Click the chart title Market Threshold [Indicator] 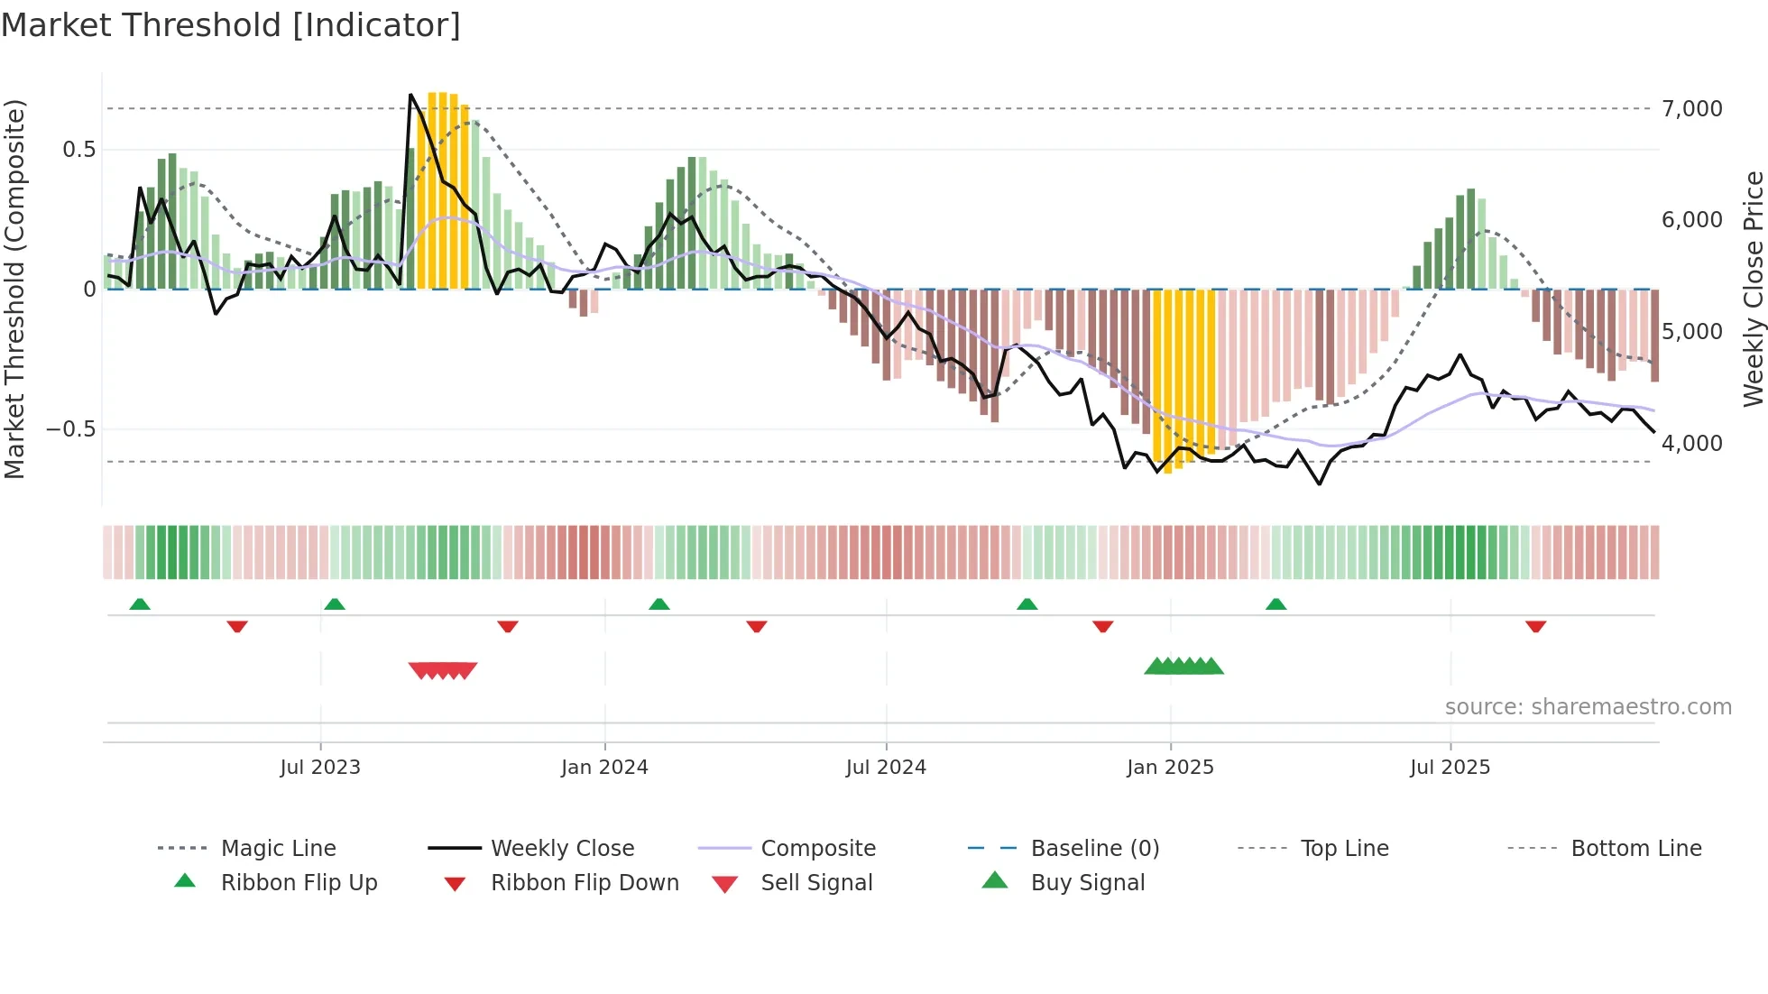(x=231, y=25)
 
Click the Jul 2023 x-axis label (x=320, y=768)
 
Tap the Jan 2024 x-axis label (x=604, y=768)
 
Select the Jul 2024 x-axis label (x=886, y=768)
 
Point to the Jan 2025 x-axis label (x=1170, y=768)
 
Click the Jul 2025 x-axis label (x=1450, y=768)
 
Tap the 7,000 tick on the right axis (x=1692, y=109)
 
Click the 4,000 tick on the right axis (x=1692, y=444)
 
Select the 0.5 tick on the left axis (x=79, y=150)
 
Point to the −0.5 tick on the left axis (x=71, y=429)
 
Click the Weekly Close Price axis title (x=1753, y=289)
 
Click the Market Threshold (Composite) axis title (x=14, y=289)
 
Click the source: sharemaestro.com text (x=1588, y=707)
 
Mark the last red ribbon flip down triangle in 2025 (x=1536, y=626)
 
